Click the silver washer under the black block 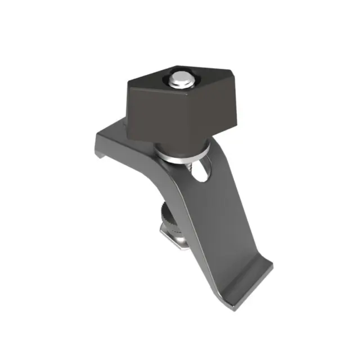click(x=183, y=153)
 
